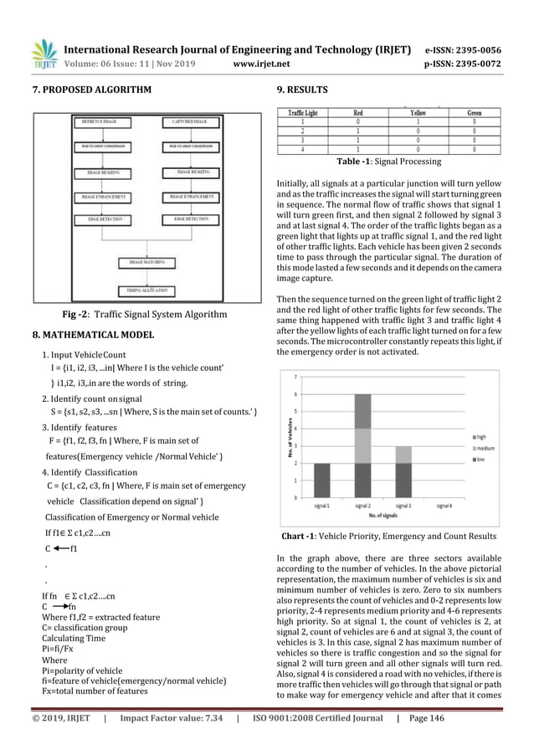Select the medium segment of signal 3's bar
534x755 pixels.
point(403,455)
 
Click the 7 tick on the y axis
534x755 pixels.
point(294,377)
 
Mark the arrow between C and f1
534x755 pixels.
point(61,549)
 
